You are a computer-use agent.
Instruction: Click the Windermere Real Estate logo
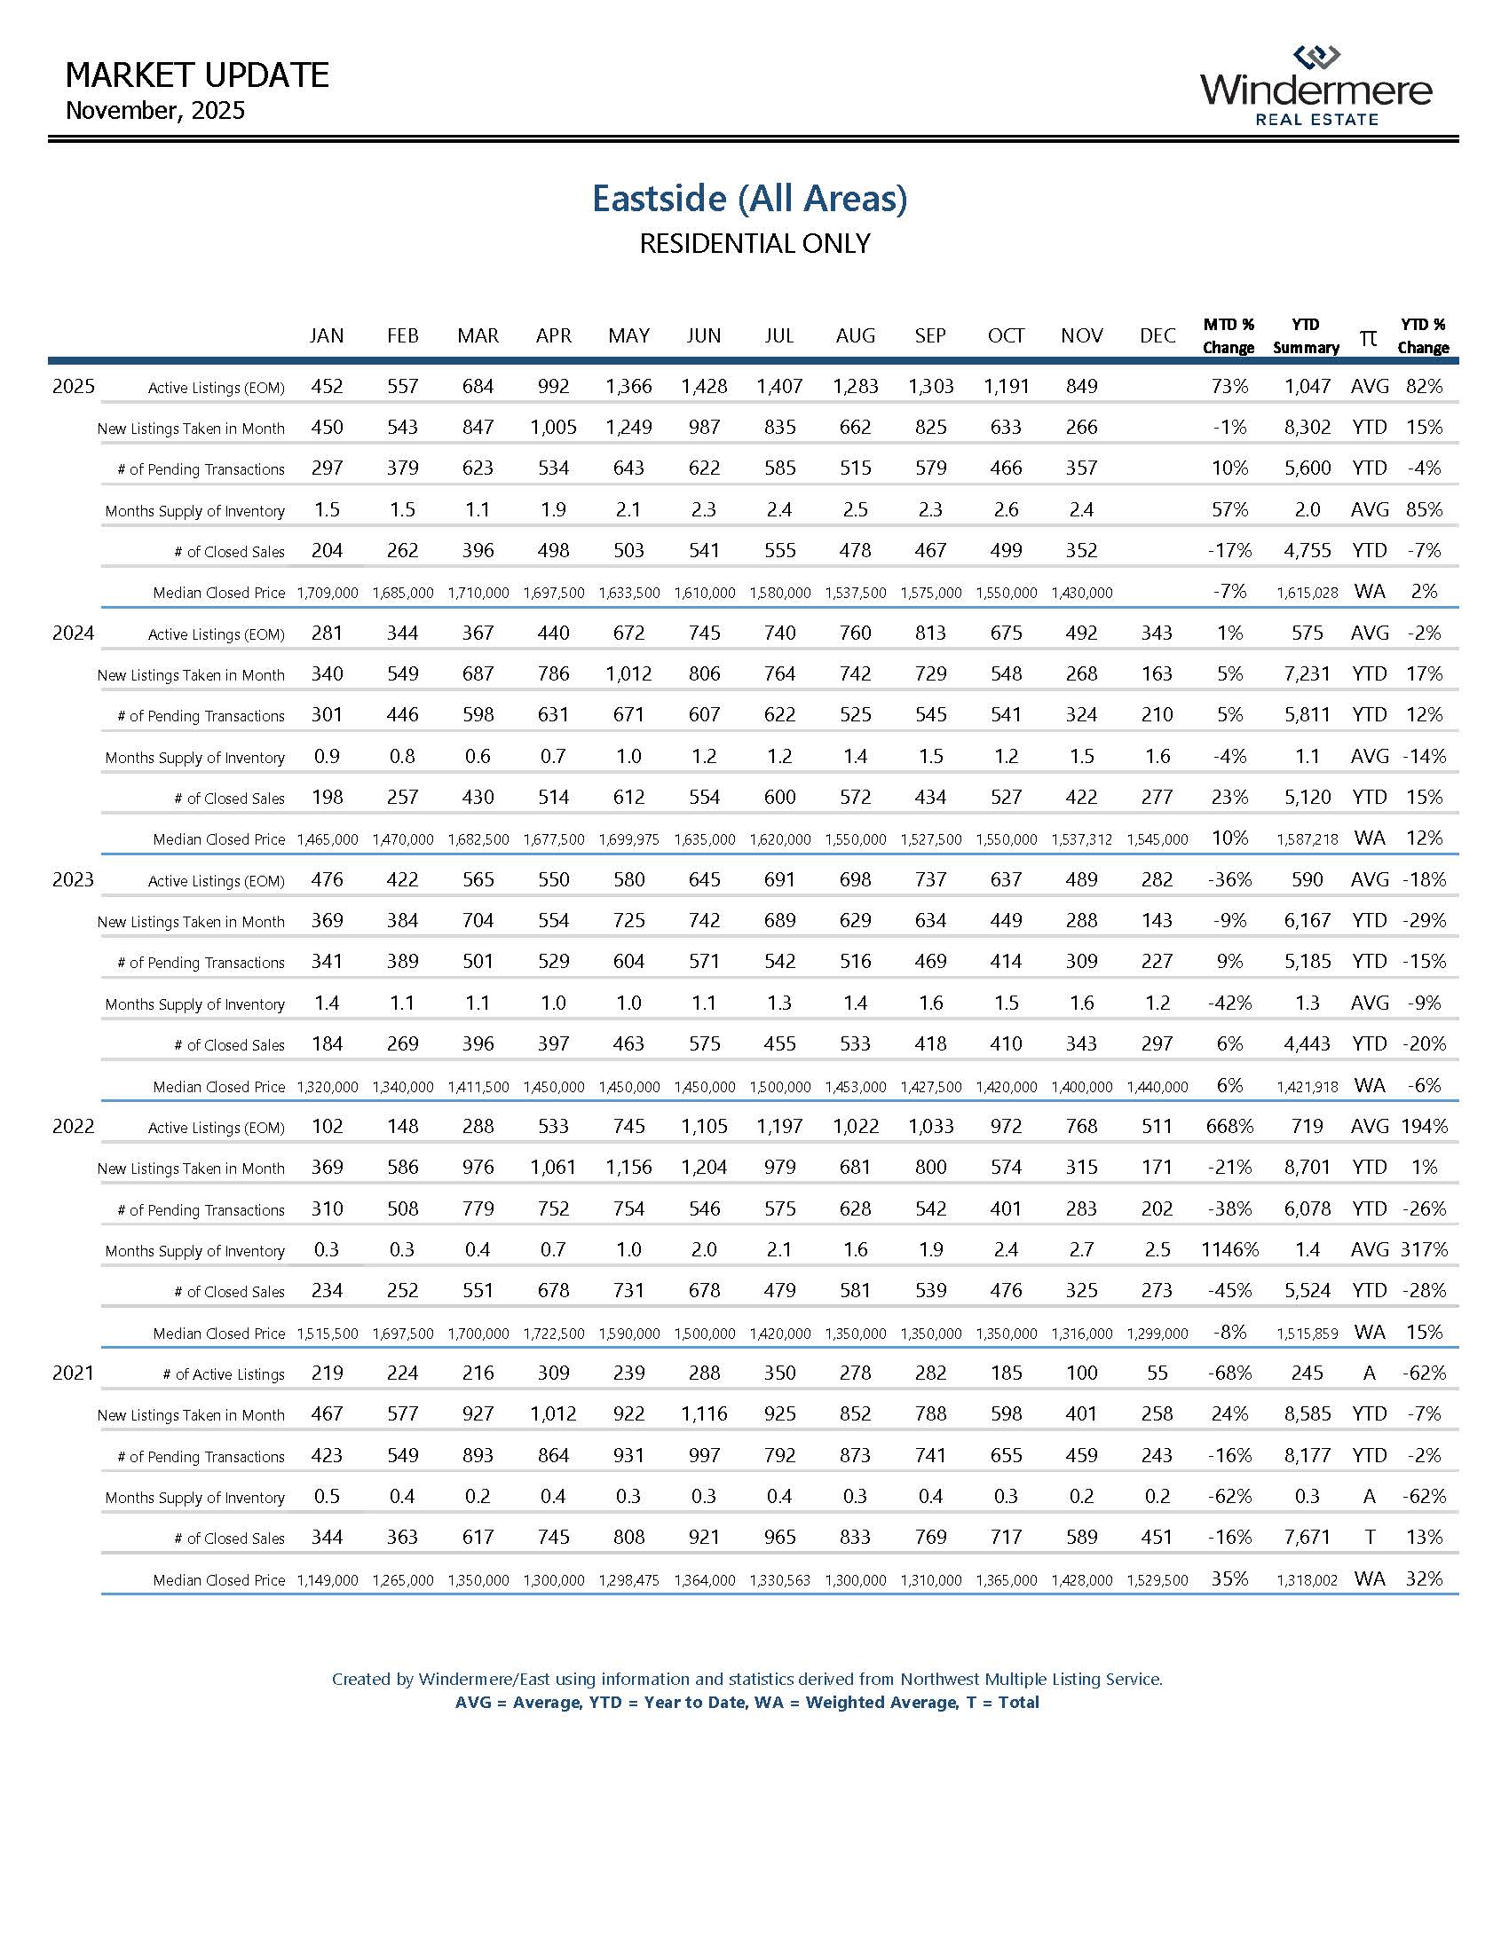pyautogui.click(x=1315, y=87)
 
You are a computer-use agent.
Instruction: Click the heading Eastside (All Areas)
pyautogui.click(x=749, y=199)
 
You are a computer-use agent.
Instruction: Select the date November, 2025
pyautogui.click(x=155, y=111)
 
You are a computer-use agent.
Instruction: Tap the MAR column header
pyautogui.click(x=478, y=336)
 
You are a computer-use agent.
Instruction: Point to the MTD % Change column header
pyautogui.click(x=1229, y=336)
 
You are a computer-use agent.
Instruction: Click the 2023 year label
pyautogui.click(x=73, y=879)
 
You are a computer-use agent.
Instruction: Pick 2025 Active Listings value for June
pyautogui.click(x=704, y=387)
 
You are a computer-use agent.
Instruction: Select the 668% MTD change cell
pyautogui.click(x=1229, y=1126)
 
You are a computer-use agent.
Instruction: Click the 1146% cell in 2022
pyautogui.click(x=1229, y=1249)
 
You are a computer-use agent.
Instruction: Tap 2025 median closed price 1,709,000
pyautogui.click(x=328, y=593)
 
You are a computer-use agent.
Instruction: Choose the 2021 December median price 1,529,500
pyautogui.click(x=1157, y=1580)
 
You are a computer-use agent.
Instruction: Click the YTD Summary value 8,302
pyautogui.click(x=1307, y=428)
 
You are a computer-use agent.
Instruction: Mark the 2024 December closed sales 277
pyautogui.click(x=1157, y=798)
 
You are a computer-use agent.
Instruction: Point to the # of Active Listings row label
pyautogui.click(x=224, y=1374)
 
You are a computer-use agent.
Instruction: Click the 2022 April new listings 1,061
pyautogui.click(x=553, y=1168)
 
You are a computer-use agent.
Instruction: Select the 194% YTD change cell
pyautogui.click(x=1423, y=1126)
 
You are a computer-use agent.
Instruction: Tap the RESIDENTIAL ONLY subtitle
pyautogui.click(x=754, y=244)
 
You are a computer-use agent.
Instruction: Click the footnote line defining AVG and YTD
pyautogui.click(x=747, y=1703)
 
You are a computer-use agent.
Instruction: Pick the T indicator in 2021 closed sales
pyautogui.click(x=1370, y=1538)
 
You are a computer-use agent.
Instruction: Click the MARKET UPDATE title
pyautogui.click(x=197, y=75)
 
